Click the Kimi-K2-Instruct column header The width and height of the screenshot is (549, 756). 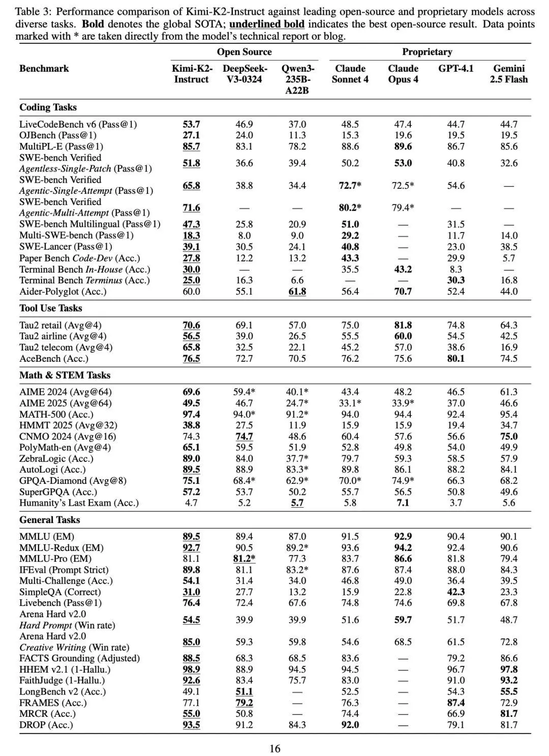[x=191, y=74]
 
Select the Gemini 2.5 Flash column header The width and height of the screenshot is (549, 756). [x=509, y=74]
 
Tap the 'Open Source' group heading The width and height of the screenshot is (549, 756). [x=244, y=52]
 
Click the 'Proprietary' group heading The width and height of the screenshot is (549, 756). [x=427, y=52]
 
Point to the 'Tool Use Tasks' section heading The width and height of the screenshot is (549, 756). [x=50, y=308]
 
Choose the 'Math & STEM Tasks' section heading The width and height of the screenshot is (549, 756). [x=65, y=375]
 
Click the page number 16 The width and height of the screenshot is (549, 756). [x=274, y=748]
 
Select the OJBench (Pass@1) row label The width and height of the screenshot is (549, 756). [x=58, y=135]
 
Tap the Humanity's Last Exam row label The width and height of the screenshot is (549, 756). [x=79, y=503]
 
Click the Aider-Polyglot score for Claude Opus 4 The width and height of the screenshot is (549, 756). [x=403, y=292]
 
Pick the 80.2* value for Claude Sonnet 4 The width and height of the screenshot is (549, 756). [x=350, y=208]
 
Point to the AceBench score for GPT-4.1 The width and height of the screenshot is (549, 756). [x=455, y=359]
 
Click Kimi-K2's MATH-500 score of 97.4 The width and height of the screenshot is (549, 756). [x=191, y=414]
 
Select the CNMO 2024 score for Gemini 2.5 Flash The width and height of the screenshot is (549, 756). [x=509, y=437]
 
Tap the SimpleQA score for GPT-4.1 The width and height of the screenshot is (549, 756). [x=455, y=592]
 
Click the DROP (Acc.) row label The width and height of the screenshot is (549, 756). [x=46, y=725]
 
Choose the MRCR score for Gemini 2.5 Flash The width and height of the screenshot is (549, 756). [x=509, y=714]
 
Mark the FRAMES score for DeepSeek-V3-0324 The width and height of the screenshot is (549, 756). [x=244, y=703]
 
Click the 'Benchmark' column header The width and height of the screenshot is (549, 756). [x=44, y=69]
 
